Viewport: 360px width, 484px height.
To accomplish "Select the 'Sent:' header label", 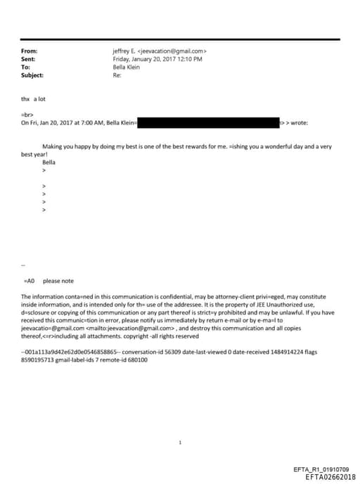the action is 30,59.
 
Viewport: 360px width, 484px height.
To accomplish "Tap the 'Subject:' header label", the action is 32,75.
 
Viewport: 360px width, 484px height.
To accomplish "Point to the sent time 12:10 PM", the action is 188,59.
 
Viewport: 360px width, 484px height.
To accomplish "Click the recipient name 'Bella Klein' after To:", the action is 127,67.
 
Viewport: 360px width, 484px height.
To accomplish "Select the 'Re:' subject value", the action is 117,75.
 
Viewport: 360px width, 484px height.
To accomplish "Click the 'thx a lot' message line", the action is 34,99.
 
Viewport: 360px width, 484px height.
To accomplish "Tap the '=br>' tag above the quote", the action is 29,115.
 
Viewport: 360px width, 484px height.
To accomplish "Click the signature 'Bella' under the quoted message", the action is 49,162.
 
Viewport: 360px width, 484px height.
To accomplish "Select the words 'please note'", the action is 58,280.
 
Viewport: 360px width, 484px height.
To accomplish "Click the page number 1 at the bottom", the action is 180,443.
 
